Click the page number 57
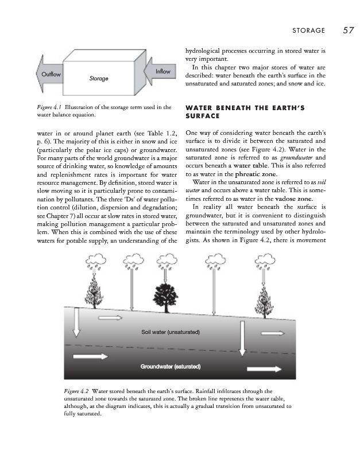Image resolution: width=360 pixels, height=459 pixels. point(348,30)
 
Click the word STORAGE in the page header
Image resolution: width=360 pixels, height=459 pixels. point(308,30)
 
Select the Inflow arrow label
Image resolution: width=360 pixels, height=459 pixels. point(163,71)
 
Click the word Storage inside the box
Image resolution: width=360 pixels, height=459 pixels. point(99,78)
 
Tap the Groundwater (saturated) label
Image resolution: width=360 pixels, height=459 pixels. point(170,365)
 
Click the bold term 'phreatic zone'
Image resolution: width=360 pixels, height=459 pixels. point(251,174)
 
